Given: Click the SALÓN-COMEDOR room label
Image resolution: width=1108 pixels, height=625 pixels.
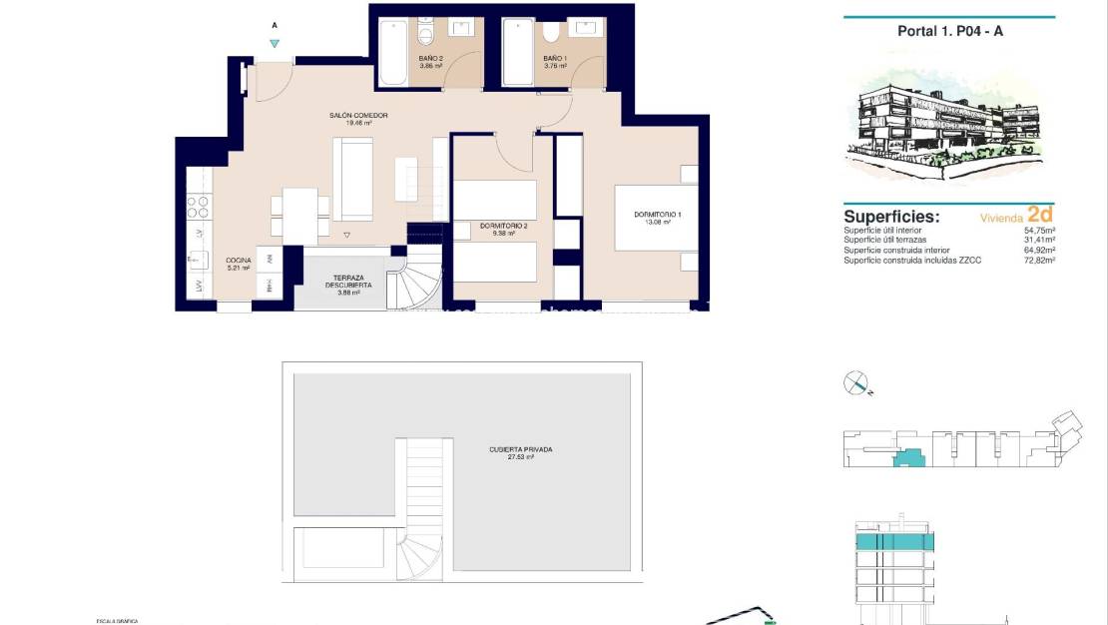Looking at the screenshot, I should coord(358,116).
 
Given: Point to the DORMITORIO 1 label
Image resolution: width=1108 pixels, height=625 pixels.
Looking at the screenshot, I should coord(658,216).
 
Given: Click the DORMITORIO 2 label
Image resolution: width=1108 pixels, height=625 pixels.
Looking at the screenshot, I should coord(502,227).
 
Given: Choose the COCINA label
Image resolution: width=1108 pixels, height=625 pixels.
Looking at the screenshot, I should coord(238,263).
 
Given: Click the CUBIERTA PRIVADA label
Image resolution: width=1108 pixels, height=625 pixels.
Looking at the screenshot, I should coord(520,450).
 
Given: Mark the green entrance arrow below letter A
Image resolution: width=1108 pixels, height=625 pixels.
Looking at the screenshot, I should coord(275,43).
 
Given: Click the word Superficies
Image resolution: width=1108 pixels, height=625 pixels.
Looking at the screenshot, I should coord(890,216).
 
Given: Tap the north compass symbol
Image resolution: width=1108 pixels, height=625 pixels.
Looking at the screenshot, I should coord(856,382).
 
